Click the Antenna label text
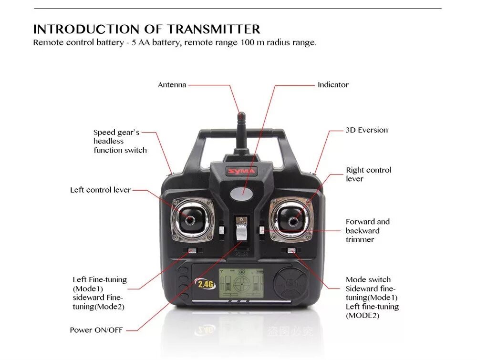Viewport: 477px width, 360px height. [x=172, y=85]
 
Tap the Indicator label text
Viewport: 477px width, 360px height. [x=333, y=85]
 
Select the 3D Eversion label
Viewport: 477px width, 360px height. [x=366, y=130]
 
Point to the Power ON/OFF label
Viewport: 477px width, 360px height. [x=96, y=330]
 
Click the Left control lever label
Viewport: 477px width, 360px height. [x=100, y=190]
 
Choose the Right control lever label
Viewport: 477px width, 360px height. [x=368, y=174]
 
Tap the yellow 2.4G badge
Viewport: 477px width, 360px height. [x=206, y=284]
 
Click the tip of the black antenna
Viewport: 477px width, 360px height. [x=241, y=115]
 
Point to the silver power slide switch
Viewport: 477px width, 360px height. [x=241, y=233]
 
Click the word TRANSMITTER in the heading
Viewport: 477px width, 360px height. [x=214, y=29]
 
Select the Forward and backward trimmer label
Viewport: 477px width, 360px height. [x=367, y=230]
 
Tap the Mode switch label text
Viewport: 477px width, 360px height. [x=368, y=279]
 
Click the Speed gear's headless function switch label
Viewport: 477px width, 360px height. [x=120, y=141]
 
